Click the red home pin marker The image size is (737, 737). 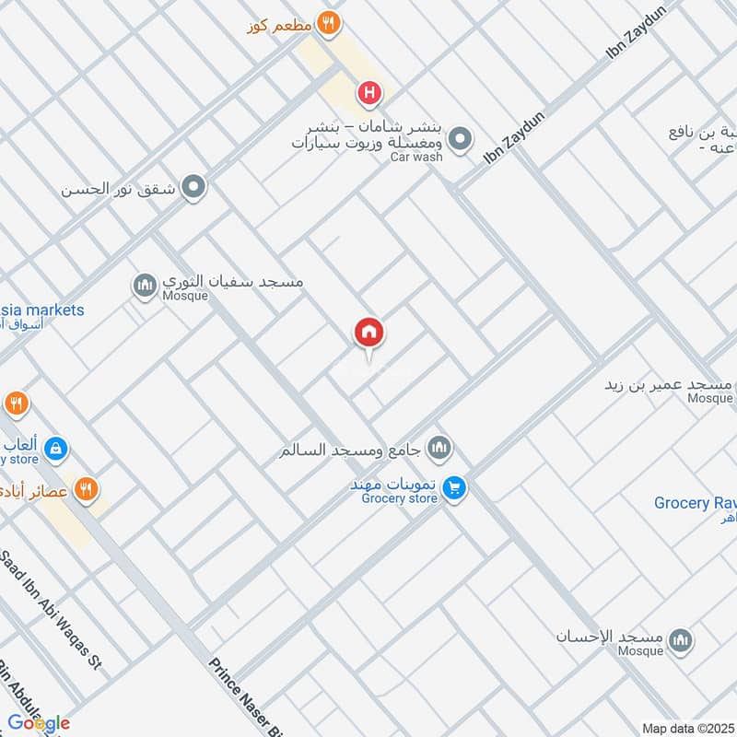[369, 333]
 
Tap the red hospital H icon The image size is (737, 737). [369, 92]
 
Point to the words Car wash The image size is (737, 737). [415, 157]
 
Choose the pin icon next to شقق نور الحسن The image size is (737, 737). [193, 189]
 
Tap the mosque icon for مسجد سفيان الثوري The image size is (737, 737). [145, 287]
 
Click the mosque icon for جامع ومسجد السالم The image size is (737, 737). [440, 450]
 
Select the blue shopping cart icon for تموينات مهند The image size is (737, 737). [452, 487]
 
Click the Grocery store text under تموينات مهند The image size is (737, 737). [398, 499]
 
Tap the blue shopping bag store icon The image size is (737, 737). [56, 449]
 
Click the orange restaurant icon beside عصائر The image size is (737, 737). [86, 489]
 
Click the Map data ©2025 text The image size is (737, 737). [687, 729]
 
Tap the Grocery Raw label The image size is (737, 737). [695, 503]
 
